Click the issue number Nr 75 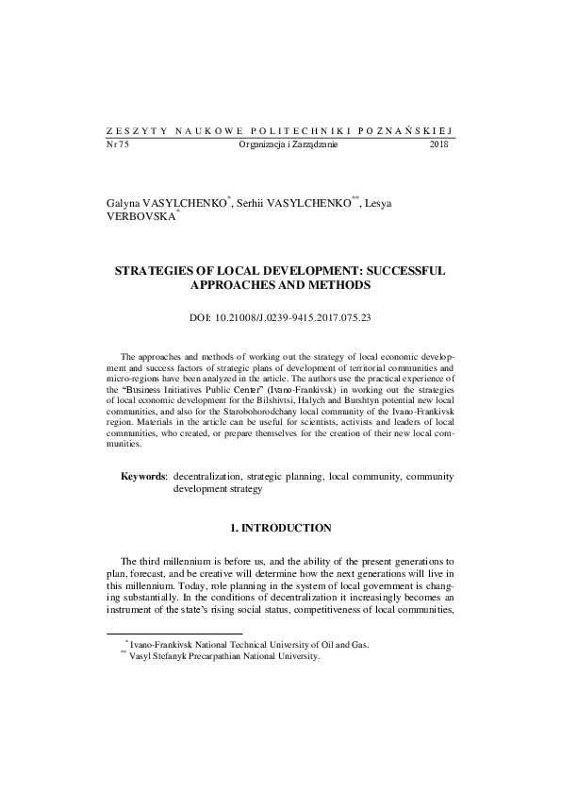117,144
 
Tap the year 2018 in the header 439,144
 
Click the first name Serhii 254,203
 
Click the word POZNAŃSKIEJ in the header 411,131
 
